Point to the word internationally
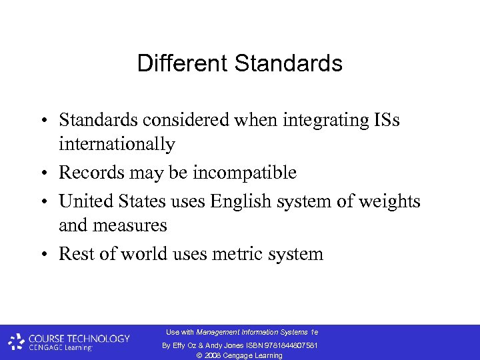[x=117, y=144]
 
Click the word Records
[x=87, y=173]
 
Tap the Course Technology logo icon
[x=17, y=342]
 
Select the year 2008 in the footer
[x=214, y=355]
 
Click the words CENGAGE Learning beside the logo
[x=60, y=348]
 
